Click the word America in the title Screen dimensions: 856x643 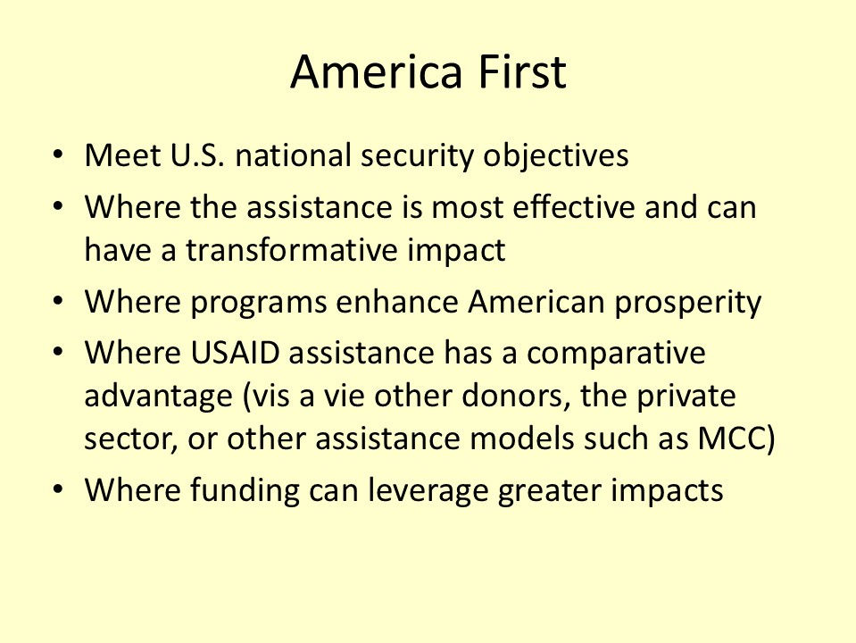[x=377, y=71]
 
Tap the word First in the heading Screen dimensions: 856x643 [x=522, y=71]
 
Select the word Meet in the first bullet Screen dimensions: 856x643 [x=122, y=155]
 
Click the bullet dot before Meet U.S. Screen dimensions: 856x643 [x=58, y=154]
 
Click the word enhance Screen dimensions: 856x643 [x=397, y=302]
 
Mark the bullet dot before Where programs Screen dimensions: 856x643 [x=58, y=301]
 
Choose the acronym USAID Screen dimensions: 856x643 [x=235, y=353]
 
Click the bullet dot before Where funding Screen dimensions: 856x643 [x=58, y=489]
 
